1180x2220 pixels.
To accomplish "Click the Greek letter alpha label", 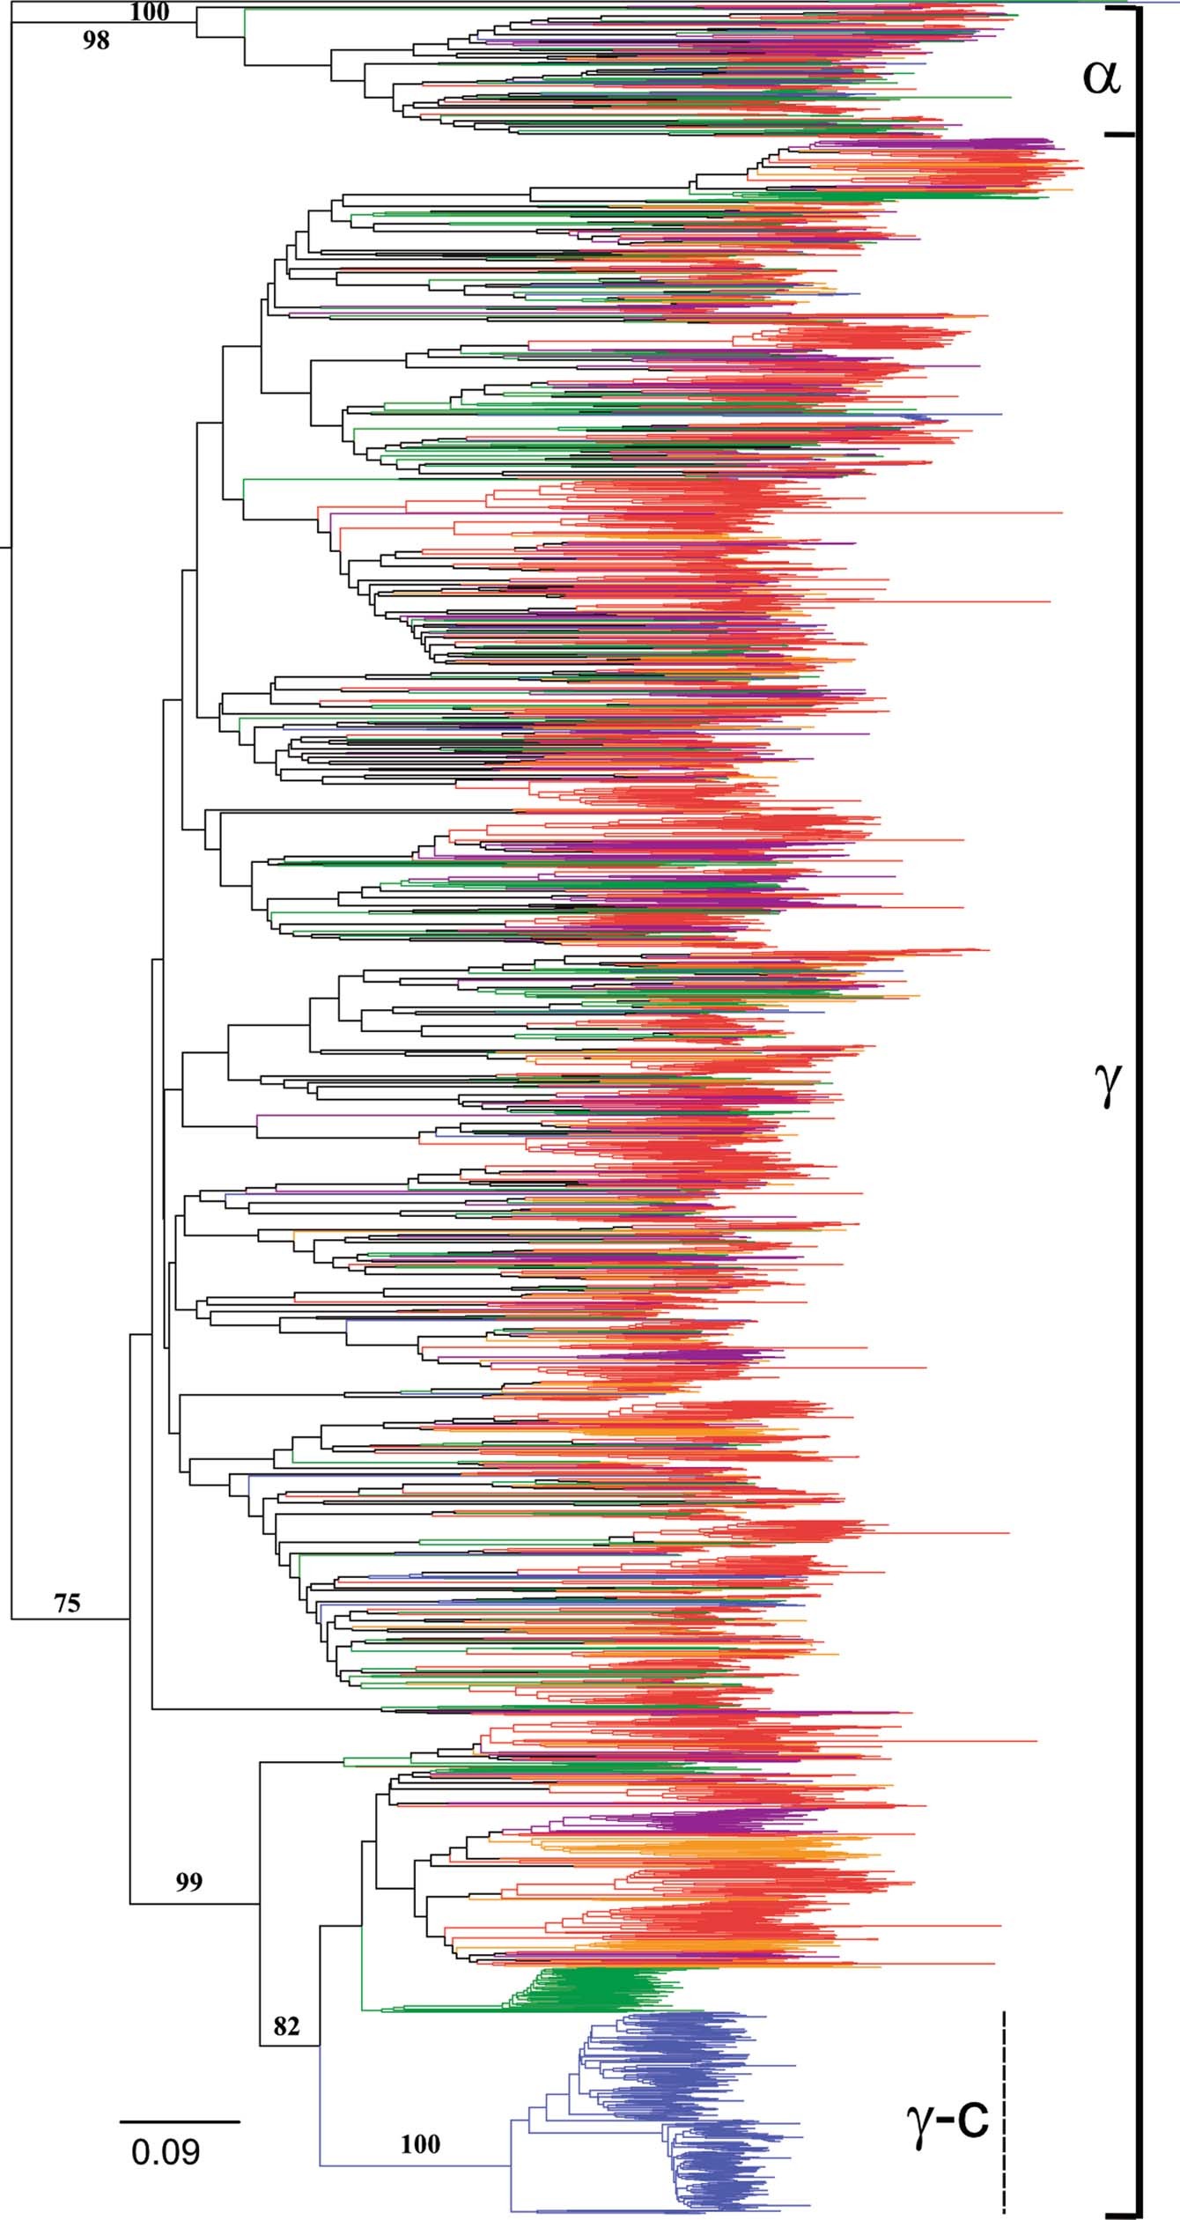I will [x=1101, y=77].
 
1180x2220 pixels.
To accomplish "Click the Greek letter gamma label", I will [x=1107, y=1085].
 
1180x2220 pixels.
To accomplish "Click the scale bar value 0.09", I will [x=166, y=2152].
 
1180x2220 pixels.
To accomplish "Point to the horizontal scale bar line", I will [x=180, y=2122].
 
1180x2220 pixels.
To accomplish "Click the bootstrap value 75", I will [x=67, y=1603].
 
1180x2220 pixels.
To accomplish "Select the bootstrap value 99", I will [x=189, y=1882].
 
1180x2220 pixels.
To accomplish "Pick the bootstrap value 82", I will [x=286, y=2026].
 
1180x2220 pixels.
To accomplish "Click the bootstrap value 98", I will [x=96, y=41].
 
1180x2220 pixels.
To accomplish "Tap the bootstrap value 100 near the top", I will [x=149, y=11].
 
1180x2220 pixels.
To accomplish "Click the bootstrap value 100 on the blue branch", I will [x=420, y=2144].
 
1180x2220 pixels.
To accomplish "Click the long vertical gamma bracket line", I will [x=1139, y=1145].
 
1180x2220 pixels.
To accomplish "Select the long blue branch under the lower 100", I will [x=414, y=2165].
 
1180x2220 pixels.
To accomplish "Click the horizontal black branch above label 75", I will [x=70, y=1619].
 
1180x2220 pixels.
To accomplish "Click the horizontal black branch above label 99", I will [x=194, y=1904].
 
